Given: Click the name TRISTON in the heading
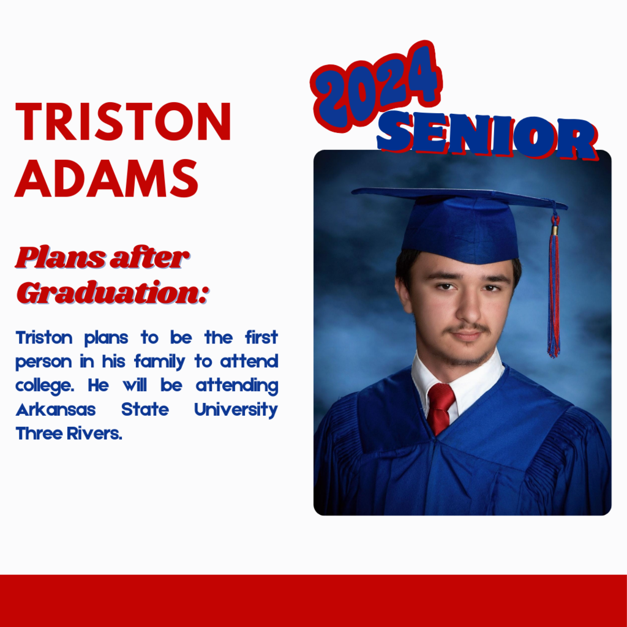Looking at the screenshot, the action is (123, 122).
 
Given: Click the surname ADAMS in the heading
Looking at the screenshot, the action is (107, 178).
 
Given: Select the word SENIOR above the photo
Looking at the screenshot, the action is (487, 135).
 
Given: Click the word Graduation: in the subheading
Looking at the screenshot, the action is (113, 292).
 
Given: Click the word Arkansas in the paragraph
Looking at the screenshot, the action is (56, 410).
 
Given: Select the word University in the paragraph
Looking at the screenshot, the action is (236, 410).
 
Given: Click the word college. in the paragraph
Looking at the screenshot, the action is (45, 386).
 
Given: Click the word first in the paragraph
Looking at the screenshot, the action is (261, 337).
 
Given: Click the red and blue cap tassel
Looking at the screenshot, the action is (554, 284).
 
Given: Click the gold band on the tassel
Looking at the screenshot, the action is (555, 230).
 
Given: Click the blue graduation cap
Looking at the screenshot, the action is (460, 224).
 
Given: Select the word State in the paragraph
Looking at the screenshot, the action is (145, 410).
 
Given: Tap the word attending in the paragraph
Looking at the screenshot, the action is (237, 386).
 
